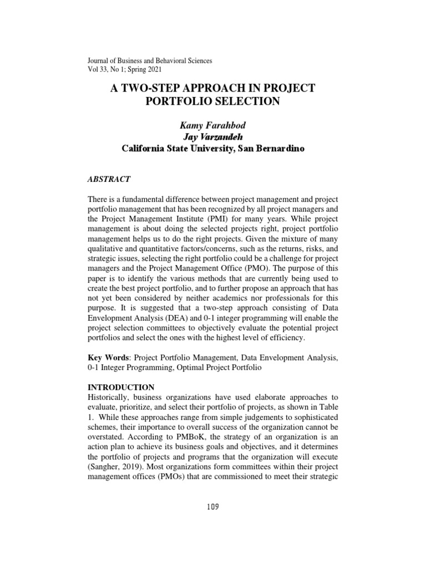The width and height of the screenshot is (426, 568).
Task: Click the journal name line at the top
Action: tap(150, 60)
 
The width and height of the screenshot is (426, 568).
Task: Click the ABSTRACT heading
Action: tap(109, 179)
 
